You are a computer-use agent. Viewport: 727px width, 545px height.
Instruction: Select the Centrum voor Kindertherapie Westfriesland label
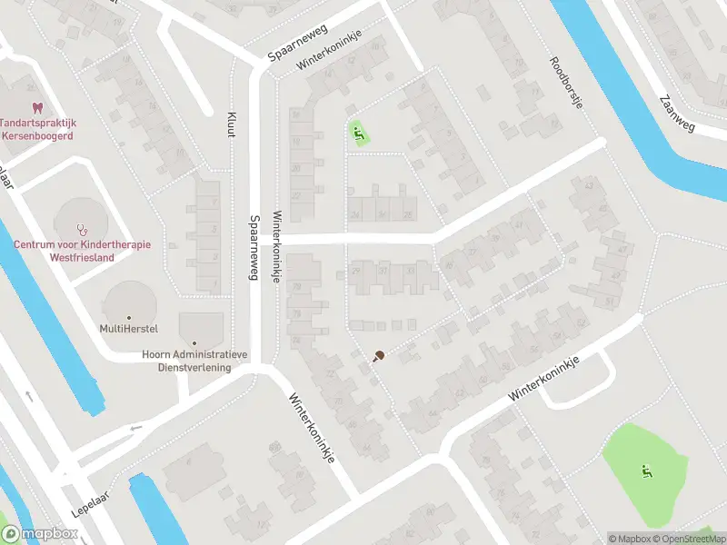pos(82,251)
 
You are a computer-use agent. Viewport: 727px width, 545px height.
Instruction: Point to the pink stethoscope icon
pos(83,228)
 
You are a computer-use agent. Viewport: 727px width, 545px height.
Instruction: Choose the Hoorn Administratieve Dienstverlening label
pos(187,362)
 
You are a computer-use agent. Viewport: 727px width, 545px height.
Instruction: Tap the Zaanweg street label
pos(678,113)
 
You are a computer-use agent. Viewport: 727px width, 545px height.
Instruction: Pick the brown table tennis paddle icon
pos(377,356)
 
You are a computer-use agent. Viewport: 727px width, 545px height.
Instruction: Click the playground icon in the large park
pos(647,471)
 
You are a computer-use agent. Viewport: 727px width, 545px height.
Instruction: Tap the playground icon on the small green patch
pos(358,134)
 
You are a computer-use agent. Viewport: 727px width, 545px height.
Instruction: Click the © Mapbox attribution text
pos(629,539)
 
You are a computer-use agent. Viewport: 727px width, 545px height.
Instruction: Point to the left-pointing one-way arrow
pos(136,428)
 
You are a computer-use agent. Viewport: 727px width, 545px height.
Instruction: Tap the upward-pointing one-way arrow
pos(29,395)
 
